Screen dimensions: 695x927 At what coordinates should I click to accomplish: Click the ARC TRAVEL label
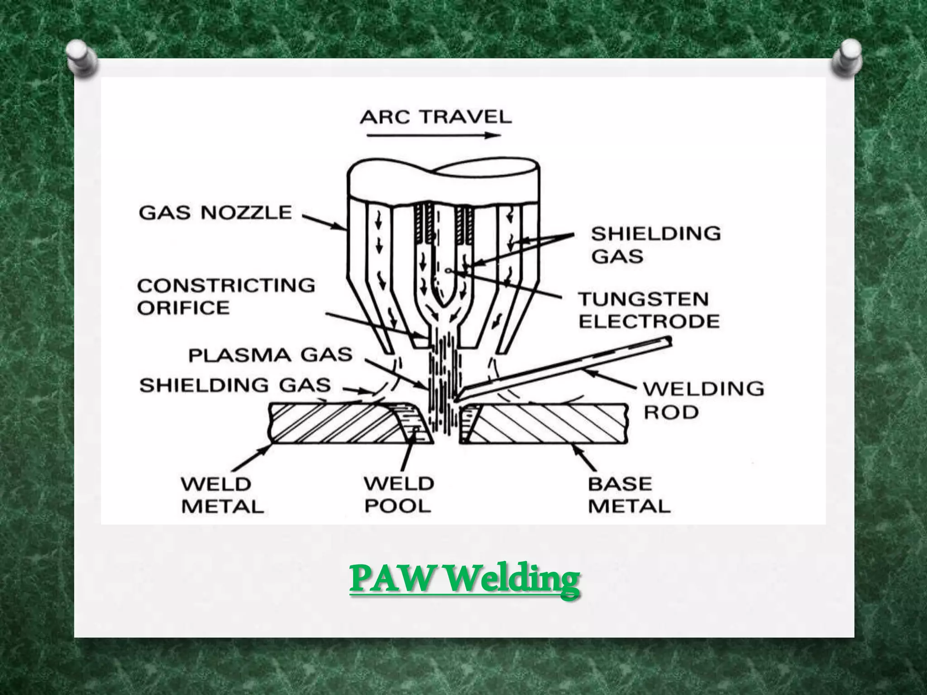click(x=435, y=118)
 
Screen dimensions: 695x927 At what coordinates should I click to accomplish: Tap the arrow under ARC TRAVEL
click(x=433, y=135)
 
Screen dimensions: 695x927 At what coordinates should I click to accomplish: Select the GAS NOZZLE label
click(x=215, y=213)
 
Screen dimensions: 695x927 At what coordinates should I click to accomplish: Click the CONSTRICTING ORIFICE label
click(x=226, y=296)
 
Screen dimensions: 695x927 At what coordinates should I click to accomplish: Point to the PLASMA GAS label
click(x=270, y=355)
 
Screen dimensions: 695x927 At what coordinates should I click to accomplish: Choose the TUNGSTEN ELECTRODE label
click(x=649, y=310)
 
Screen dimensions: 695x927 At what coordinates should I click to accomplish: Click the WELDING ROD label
click(x=703, y=400)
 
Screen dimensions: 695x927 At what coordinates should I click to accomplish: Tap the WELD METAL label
click(x=222, y=495)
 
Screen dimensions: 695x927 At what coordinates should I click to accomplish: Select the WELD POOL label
click(x=398, y=495)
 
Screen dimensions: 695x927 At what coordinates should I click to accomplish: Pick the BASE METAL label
click(x=629, y=495)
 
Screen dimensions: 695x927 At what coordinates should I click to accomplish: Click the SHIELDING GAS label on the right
click(x=655, y=245)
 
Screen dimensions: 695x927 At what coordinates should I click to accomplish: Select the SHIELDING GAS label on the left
click(x=235, y=386)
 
